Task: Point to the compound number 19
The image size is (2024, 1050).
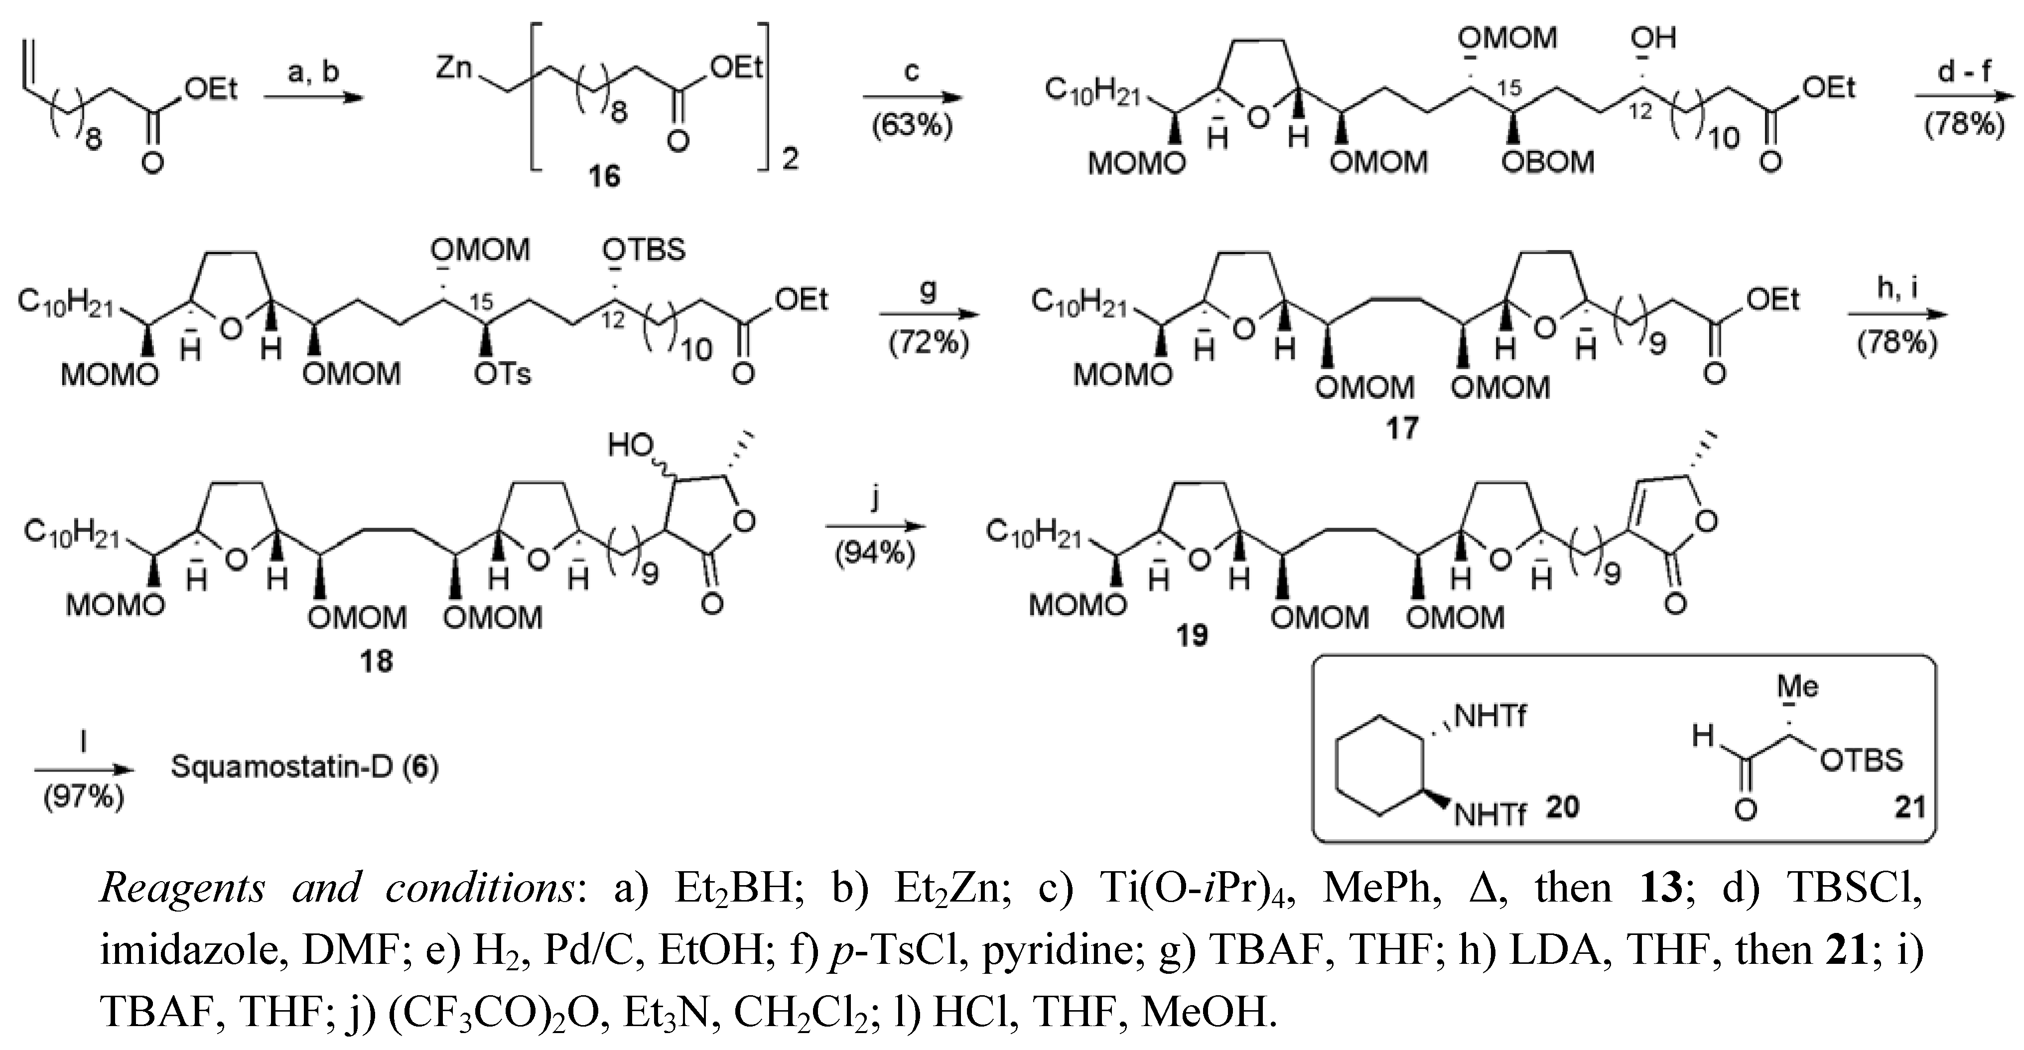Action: pos(1191,635)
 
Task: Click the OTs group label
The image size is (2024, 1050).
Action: pos(502,374)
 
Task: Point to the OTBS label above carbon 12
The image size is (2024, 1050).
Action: pos(644,250)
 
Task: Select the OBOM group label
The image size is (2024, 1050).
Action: pos(1547,162)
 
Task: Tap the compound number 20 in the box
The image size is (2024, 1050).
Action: pos(1562,806)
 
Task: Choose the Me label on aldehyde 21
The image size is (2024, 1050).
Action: pos(1798,686)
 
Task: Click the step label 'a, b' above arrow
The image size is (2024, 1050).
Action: pos(313,71)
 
